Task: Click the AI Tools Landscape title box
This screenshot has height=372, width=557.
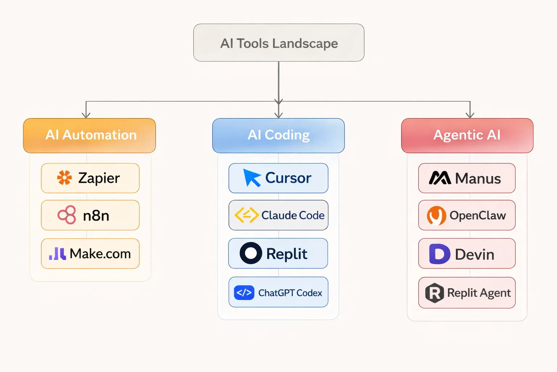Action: [278, 43]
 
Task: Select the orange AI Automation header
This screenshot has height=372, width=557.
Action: [90, 135]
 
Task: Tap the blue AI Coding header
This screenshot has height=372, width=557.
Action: [278, 135]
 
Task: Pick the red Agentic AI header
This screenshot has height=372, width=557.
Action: [467, 135]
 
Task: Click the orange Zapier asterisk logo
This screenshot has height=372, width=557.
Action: [65, 178]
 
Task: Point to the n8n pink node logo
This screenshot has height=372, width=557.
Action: [67, 215]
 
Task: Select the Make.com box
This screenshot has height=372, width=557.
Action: [90, 254]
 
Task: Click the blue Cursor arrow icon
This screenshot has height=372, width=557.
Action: [252, 178]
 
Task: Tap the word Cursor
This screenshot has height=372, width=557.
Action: [288, 178]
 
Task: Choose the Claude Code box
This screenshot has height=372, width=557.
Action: [278, 215]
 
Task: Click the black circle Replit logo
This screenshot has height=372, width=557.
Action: [251, 253]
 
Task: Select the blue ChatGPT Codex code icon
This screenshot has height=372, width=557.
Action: [244, 292]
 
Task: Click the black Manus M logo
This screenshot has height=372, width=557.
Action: [440, 178]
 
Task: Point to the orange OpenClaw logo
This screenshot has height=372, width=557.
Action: [436, 215]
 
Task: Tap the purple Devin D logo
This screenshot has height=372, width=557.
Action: [440, 254]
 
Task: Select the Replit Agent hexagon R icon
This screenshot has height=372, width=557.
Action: [434, 293]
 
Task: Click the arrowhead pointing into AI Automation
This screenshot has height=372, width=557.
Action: [86, 115]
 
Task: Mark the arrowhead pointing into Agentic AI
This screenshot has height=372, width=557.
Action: [470, 115]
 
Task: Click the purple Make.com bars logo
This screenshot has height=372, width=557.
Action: [58, 254]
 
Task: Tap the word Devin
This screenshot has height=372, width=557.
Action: [474, 254]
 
